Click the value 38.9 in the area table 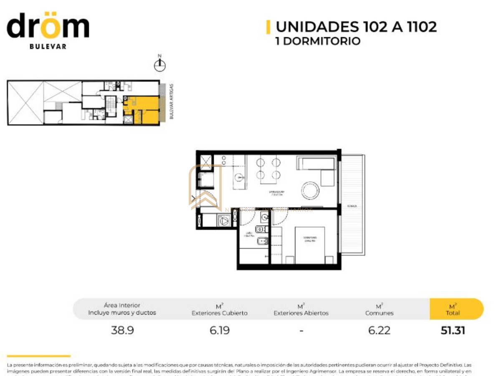click(122, 330)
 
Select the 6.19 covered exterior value click(220, 330)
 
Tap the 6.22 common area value click(380, 330)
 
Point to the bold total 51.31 click(453, 330)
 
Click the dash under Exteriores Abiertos click(301, 330)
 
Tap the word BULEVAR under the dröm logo click(48, 46)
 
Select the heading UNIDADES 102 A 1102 click(356, 27)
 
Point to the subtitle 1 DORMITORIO click(318, 41)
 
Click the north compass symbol click(159, 64)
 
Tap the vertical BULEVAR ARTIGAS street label click(171, 102)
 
